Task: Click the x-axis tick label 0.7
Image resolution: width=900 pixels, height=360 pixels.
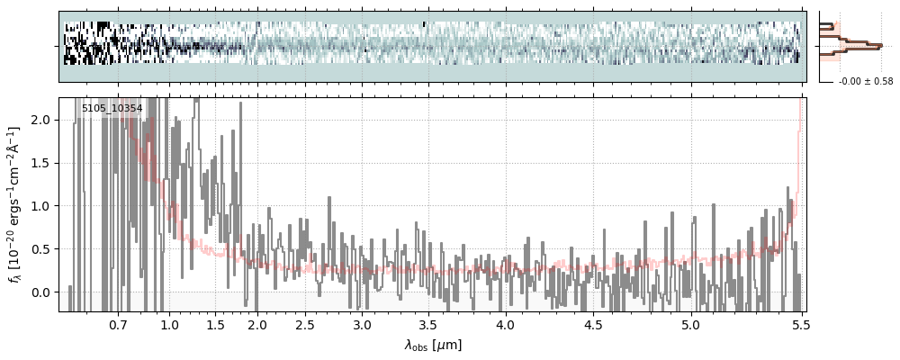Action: coord(118,325)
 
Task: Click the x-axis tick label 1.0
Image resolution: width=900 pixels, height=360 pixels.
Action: coord(169,325)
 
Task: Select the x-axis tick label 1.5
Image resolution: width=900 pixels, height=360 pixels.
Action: coord(216,325)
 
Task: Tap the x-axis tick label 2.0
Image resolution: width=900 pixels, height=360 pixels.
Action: coord(257,325)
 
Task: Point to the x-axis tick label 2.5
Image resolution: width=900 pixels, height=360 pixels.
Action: coord(305,325)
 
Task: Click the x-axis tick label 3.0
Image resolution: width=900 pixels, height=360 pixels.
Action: coord(362,325)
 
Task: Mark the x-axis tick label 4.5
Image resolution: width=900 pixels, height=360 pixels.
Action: coord(598,325)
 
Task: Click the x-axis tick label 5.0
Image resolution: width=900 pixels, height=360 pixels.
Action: coord(690,325)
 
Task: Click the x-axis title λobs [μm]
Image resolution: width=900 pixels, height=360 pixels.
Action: coord(433,345)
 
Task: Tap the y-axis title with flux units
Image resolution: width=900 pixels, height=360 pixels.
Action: coord(15,204)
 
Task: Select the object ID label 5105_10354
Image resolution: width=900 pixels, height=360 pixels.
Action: coord(112,109)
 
